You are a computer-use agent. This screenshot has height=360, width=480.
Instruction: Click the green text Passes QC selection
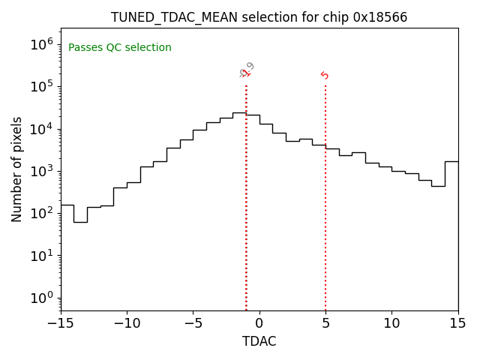[120, 48]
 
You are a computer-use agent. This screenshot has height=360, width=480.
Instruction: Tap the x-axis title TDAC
[259, 341]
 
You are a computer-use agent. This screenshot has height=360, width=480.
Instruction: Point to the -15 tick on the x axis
[61, 323]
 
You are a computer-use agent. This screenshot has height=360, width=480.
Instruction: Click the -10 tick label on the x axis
[127, 323]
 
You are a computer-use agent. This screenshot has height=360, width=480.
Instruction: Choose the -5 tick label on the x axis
[193, 323]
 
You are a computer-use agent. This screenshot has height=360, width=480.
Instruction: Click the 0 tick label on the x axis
[259, 323]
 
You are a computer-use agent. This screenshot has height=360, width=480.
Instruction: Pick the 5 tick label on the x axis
[325, 323]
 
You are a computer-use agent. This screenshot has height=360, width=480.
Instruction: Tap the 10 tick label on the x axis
[391, 323]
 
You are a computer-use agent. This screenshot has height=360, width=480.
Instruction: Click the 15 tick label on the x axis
[457, 323]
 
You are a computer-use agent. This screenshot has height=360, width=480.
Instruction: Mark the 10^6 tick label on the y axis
[43, 44]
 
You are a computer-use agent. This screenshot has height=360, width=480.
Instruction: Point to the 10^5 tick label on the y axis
[43, 86]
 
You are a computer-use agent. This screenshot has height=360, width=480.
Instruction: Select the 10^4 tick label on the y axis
[43, 129]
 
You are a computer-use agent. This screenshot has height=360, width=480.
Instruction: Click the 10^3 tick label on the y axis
[43, 171]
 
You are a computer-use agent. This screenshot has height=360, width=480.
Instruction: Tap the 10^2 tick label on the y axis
[43, 213]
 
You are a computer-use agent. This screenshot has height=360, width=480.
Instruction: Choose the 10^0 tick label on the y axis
[43, 298]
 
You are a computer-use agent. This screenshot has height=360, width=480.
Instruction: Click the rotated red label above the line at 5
[325, 75]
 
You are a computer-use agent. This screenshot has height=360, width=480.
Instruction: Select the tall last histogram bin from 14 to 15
[451, 232]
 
